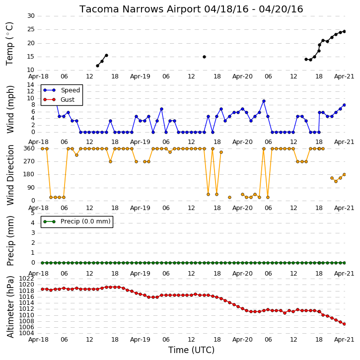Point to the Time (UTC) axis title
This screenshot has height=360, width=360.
click(x=191, y=350)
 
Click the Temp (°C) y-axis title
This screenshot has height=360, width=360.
click(x=9, y=44)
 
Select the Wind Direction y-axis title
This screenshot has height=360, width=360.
click(x=10, y=175)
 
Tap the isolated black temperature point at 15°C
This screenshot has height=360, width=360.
click(x=204, y=57)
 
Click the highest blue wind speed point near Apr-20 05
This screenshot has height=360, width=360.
click(x=264, y=101)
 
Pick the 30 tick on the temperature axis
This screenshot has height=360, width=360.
click(x=31, y=16)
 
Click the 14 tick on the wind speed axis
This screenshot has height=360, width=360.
click(x=30, y=85)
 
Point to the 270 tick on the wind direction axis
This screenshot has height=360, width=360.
click(x=29, y=161)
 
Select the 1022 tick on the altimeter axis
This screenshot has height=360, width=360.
click(x=26, y=279)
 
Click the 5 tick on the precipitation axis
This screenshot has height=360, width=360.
click(x=33, y=213)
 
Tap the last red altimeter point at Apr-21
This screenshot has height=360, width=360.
click(x=344, y=324)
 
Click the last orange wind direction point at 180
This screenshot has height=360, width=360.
click(x=344, y=174)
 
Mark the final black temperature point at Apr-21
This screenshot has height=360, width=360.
click(x=344, y=31)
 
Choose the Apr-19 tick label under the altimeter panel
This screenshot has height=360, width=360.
click(x=140, y=340)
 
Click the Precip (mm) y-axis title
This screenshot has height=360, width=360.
click(x=10, y=241)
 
